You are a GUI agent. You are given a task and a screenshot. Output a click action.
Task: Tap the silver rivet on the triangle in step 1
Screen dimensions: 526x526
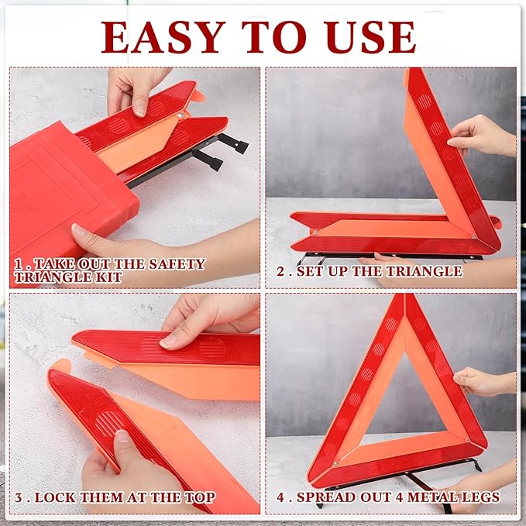pos(179,117)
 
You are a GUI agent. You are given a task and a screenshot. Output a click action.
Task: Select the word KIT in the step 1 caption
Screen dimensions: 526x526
pos(108,277)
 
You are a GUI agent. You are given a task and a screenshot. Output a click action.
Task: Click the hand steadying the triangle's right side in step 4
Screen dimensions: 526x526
pos(480,381)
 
